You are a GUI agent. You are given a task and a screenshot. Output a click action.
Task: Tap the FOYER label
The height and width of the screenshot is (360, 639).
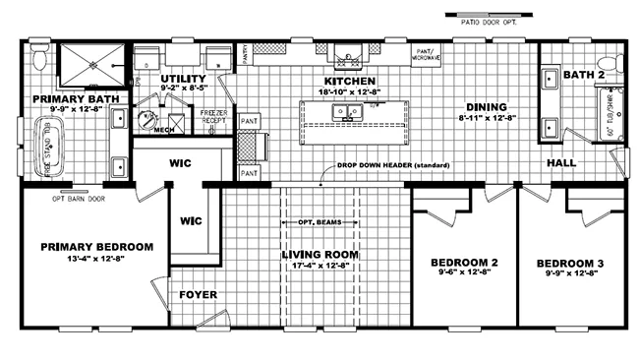click(x=197, y=294)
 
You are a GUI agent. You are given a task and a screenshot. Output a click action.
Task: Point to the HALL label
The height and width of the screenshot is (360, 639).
click(x=561, y=164)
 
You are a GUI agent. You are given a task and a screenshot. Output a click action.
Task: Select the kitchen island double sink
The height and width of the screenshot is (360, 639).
click(x=346, y=112)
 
